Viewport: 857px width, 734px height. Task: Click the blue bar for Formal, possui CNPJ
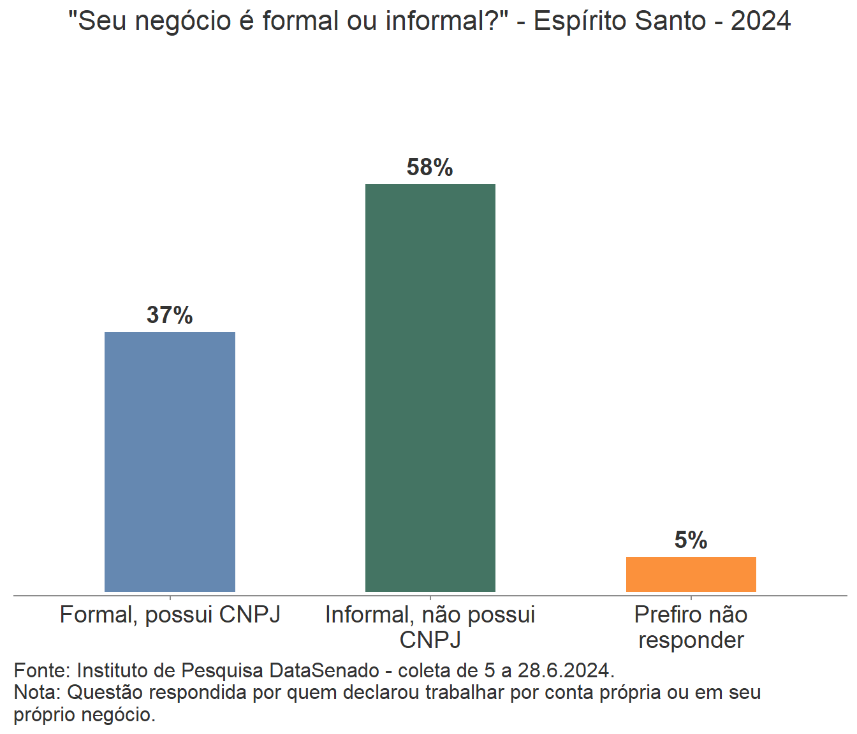tap(170, 461)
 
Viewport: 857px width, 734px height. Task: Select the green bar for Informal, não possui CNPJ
tap(430, 387)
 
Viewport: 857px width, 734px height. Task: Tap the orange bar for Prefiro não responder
tap(691, 573)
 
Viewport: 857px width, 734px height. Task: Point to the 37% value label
tap(170, 315)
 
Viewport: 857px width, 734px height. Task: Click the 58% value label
tap(430, 168)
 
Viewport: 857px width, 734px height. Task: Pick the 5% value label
tap(691, 540)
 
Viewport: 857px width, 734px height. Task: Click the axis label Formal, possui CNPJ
tap(170, 615)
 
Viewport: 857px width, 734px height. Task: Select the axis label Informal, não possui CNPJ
tap(430, 627)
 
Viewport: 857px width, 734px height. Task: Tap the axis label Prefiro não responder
tap(691, 627)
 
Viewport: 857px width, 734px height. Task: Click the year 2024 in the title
tap(761, 21)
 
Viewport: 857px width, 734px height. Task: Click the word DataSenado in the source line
tap(325, 670)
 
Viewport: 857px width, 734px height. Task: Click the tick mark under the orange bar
tap(691, 598)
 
